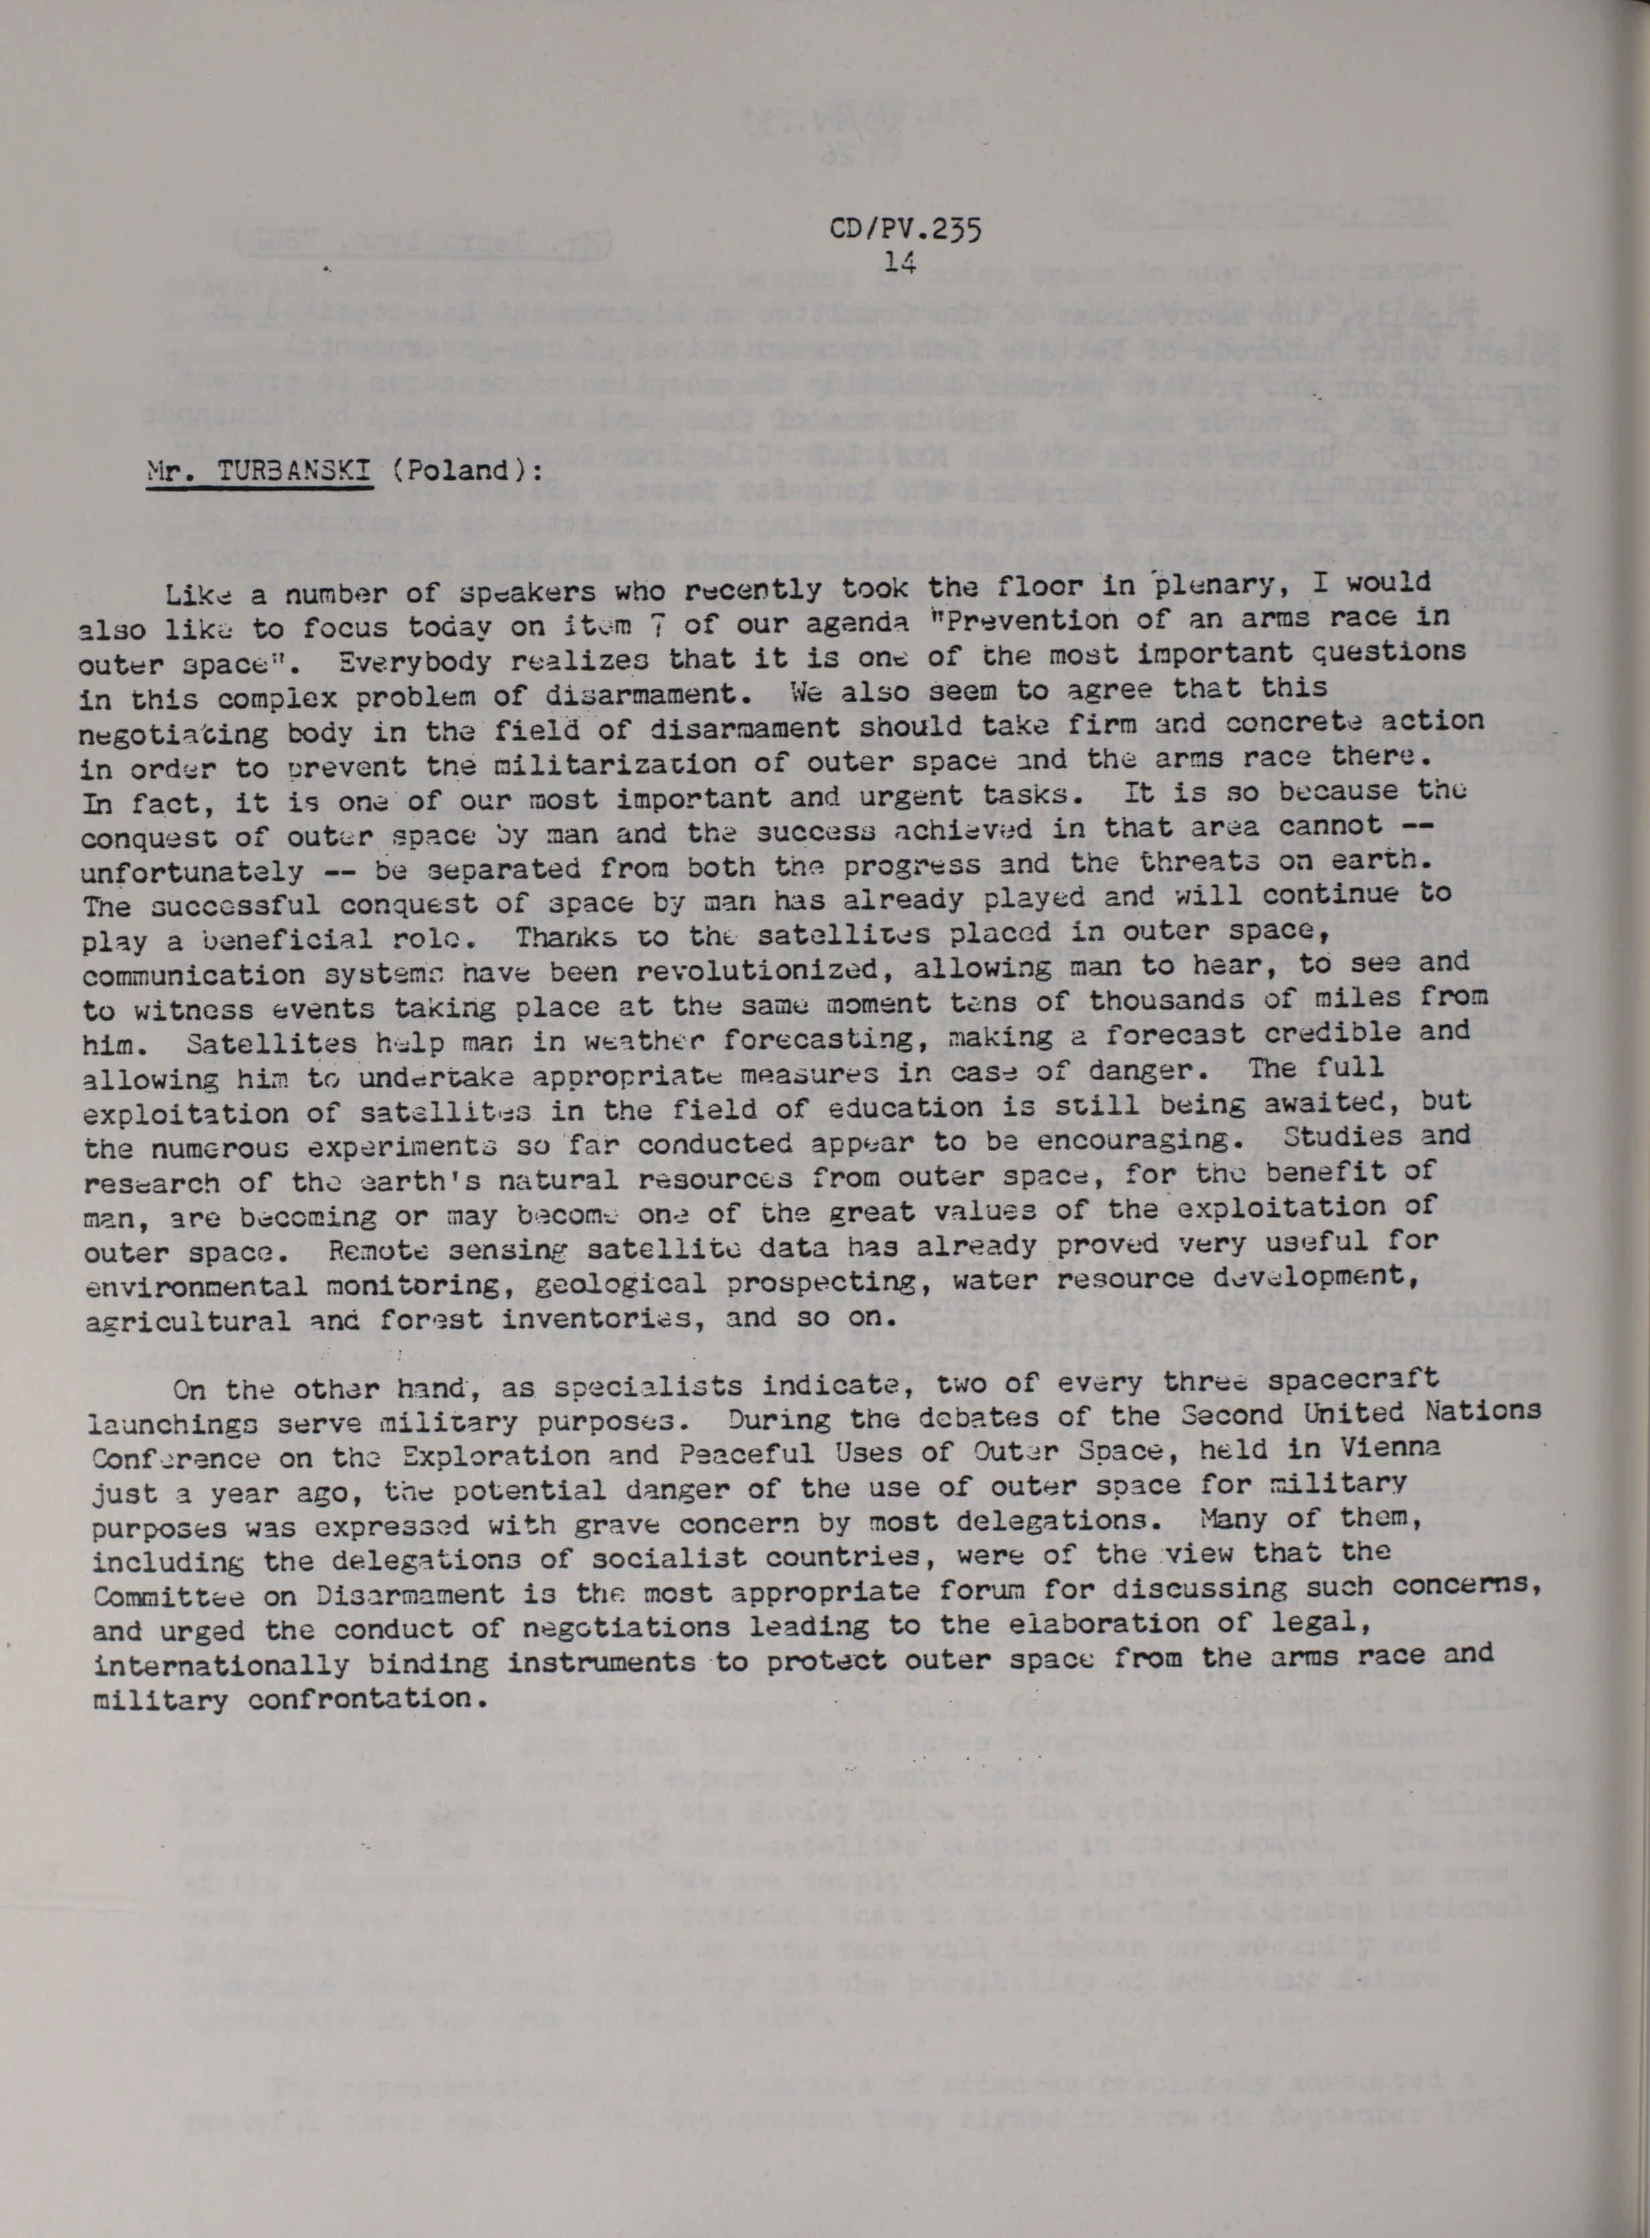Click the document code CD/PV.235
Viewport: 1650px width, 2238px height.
(x=905, y=231)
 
